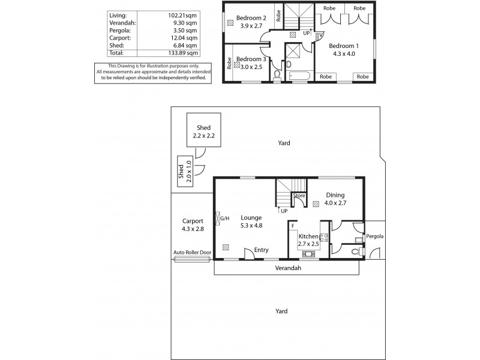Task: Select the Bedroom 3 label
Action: click(x=251, y=59)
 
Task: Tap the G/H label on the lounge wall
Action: click(x=224, y=218)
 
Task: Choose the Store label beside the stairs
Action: click(x=299, y=196)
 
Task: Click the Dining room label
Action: click(x=335, y=195)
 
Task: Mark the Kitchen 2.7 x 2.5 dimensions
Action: click(x=309, y=245)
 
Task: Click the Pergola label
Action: click(x=375, y=236)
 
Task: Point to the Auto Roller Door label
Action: click(x=191, y=253)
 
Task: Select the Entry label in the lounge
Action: click(x=261, y=250)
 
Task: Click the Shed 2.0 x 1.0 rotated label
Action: click(x=184, y=171)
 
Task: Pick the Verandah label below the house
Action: click(x=288, y=268)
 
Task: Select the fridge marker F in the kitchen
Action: click(x=292, y=226)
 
